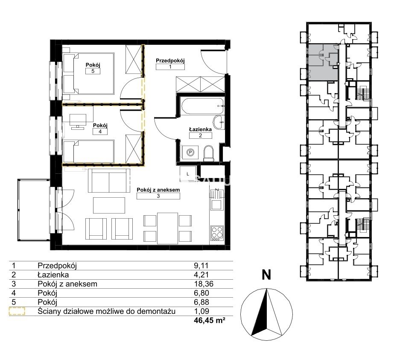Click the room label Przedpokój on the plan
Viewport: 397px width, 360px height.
170,61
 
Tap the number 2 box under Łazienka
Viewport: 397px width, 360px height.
201,135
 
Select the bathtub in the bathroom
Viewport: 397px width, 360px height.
202,106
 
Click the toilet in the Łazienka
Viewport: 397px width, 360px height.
209,153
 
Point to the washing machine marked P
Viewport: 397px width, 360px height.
190,152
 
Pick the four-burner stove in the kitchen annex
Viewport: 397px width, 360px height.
217,233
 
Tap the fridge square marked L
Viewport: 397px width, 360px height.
187,174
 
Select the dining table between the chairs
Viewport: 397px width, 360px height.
167,228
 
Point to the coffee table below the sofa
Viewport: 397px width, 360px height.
109,205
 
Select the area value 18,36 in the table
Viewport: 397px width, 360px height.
204,284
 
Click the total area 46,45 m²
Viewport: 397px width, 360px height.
210,320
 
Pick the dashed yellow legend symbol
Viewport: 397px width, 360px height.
17,311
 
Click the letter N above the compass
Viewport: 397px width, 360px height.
266,275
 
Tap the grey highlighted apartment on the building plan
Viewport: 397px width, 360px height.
323,62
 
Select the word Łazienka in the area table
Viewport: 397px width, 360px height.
53,275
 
